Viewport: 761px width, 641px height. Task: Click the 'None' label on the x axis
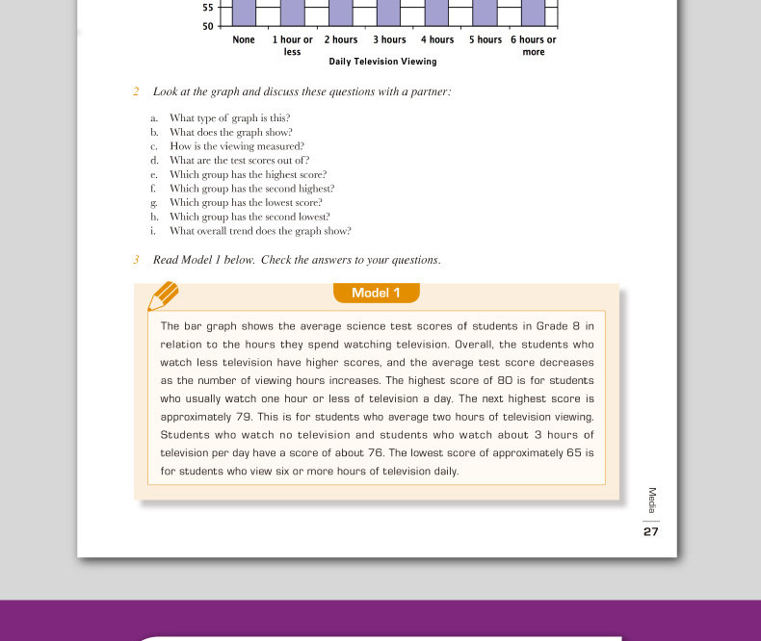tap(244, 39)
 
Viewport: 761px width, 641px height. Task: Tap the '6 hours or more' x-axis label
tap(534, 45)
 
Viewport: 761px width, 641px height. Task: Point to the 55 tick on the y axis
tap(208, 8)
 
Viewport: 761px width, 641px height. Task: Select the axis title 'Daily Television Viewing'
tap(382, 62)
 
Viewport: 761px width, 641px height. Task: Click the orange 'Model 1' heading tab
tap(376, 294)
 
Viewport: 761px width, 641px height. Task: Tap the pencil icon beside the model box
tap(163, 295)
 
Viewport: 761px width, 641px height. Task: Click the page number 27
tap(651, 531)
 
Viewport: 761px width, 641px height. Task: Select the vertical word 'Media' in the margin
tap(652, 500)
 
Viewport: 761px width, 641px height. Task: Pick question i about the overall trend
tap(260, 231)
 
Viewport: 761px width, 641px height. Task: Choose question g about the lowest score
tap(246, 203)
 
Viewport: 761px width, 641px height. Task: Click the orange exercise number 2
tap(136, 91)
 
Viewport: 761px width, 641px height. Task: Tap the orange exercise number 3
tap(136, 260)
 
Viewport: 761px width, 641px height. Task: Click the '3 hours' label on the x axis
tap(389, 39)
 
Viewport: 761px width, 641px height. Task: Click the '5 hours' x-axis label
tap(485, 39)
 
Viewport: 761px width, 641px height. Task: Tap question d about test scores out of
tap(239, 161)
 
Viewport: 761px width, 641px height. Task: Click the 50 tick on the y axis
tap(208, 26)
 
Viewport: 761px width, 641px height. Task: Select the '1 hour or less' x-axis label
tap(293, 45)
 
